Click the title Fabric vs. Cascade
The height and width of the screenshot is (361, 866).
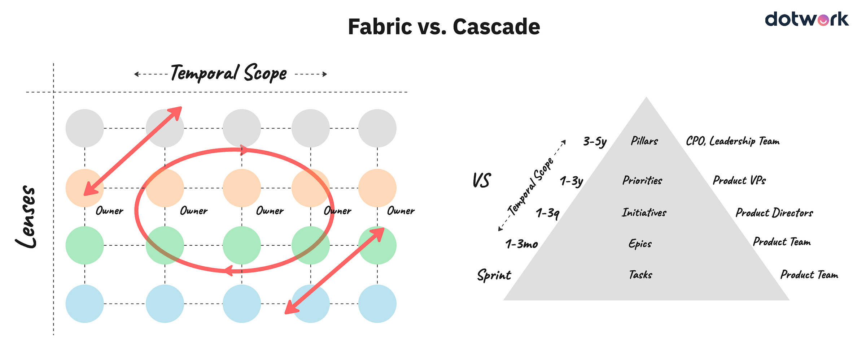point(444,27)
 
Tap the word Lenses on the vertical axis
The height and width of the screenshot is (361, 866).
point(26,217)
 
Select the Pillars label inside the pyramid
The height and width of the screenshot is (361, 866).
point(644,141)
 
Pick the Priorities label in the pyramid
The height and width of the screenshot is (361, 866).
point(642,180)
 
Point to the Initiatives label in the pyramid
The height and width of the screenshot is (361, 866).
point(644,212)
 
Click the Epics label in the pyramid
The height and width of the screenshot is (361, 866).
point(640,244)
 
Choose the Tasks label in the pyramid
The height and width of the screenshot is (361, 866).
point(640,275)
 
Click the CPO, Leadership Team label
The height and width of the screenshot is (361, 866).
point(732,141)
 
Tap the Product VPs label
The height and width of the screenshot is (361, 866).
point(739,180)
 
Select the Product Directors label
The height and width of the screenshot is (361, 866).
point(774,213)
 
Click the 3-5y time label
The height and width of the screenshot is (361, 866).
point(595,141)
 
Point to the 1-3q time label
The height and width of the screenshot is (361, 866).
point(547,213)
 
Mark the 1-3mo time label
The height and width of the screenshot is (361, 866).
point(522,244)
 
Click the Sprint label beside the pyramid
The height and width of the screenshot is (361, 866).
point(494,275)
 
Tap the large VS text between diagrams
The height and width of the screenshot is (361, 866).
point(481,180)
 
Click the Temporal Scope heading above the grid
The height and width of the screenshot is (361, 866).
point(229,73)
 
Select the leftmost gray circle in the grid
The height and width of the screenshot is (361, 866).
point(85,128)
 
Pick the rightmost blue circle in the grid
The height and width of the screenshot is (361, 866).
point(377,304)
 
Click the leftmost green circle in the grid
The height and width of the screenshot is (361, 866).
point(85,245)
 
